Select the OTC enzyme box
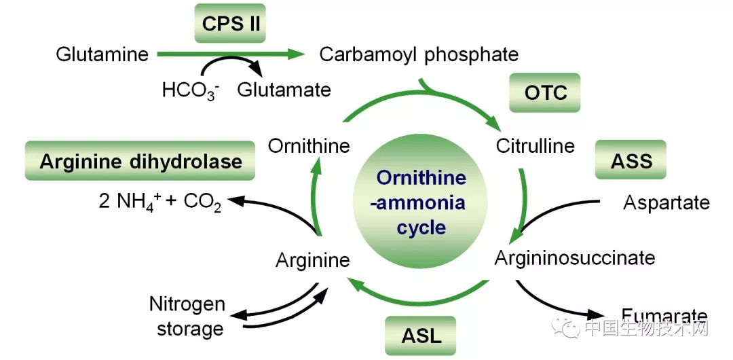click(x=545, y=92)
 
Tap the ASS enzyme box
click(x=631, y=161)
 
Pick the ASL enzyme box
click(x=421, y=335)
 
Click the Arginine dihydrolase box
click(x=140, y=162)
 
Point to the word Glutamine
click(x=102, y=54)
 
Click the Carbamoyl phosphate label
click(x=419, y=54)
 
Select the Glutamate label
click(x=284, y=90)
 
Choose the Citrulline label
click(x=535, y=145)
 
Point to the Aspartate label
click(x=666, y=202)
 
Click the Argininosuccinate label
click(x=575, y=258)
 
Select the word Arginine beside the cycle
click(x=313, y=259)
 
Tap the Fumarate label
click(x=664, y=315)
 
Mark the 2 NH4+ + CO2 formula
click(x=160, y=202)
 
